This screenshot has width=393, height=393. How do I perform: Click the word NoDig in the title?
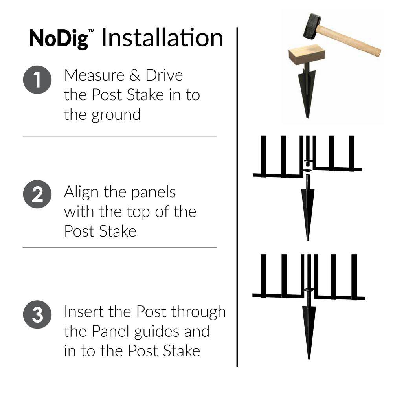click(x=59, y=39)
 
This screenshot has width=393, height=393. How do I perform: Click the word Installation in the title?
click(x=162, y=38)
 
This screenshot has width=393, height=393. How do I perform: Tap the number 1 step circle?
click(x=37, y=80)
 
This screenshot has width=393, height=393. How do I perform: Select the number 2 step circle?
click(x=37, y=194)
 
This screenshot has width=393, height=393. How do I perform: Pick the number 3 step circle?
click(x=37, y=314)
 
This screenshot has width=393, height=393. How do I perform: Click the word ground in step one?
click(x=116, y=115)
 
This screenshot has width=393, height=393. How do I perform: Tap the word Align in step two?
click(x=81, y=193)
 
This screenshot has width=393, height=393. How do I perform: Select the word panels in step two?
click(x=153, y=193)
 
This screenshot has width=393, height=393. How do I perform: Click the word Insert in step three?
click(x=84, y=312)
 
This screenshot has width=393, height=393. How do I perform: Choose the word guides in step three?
click(x=157, y=332)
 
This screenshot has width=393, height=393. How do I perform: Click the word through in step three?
click(x=198, y=312)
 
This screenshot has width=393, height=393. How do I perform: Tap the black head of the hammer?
click(x=312, y=26)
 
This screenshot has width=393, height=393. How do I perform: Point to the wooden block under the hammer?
click(x=307, y=54)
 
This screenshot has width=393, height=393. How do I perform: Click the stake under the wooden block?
click(x=307, y=90)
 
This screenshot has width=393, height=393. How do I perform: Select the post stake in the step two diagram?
click(x=308, y=208)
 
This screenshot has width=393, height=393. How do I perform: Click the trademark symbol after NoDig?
click(x=91, y=31)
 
